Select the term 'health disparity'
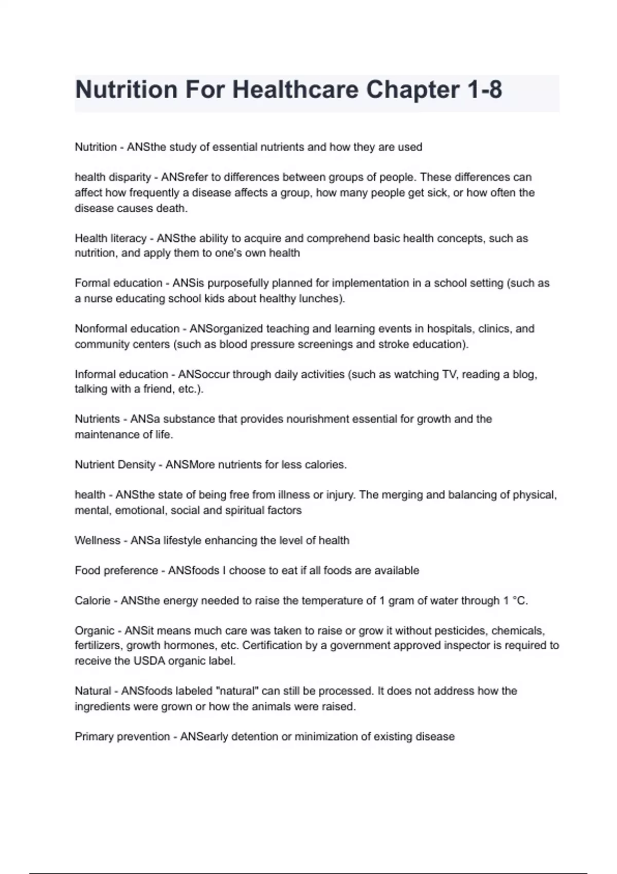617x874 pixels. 113,177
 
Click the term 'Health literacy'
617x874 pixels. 111,239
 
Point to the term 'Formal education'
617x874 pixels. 118,283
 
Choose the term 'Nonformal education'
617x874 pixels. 127,329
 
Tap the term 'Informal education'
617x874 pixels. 121,374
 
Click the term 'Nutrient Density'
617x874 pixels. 115,465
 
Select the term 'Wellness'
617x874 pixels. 98,540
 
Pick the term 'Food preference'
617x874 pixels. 116,571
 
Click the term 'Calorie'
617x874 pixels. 93,601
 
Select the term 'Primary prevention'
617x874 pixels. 122,737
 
